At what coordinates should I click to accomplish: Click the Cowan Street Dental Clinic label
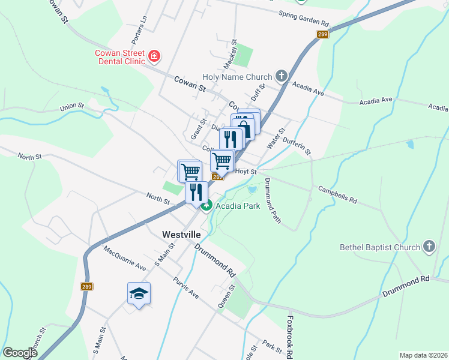click(x=120, y=56)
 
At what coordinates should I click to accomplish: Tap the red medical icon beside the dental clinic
click(x=155, y=56)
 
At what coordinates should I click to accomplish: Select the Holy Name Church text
click(x=237, y=77)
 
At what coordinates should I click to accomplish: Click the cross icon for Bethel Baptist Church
click(x=429, y=246)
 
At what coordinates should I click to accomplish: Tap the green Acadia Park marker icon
click(x=206, y=206)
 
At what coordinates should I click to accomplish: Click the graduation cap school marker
click(x=139, y=293)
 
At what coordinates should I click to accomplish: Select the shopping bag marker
click(x=244, y=128)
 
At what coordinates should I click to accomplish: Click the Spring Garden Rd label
click(x=304, y=19)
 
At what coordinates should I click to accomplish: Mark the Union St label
click(x=71, y=107)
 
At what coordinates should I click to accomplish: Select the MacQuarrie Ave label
click(x=124, y=257)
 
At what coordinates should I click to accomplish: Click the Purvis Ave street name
click(x=185, y=288)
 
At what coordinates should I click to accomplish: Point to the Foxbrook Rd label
click(x=289, y=336)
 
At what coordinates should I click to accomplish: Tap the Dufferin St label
click(x=297, y=145)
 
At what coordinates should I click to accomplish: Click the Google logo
click(x=20, y=353)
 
